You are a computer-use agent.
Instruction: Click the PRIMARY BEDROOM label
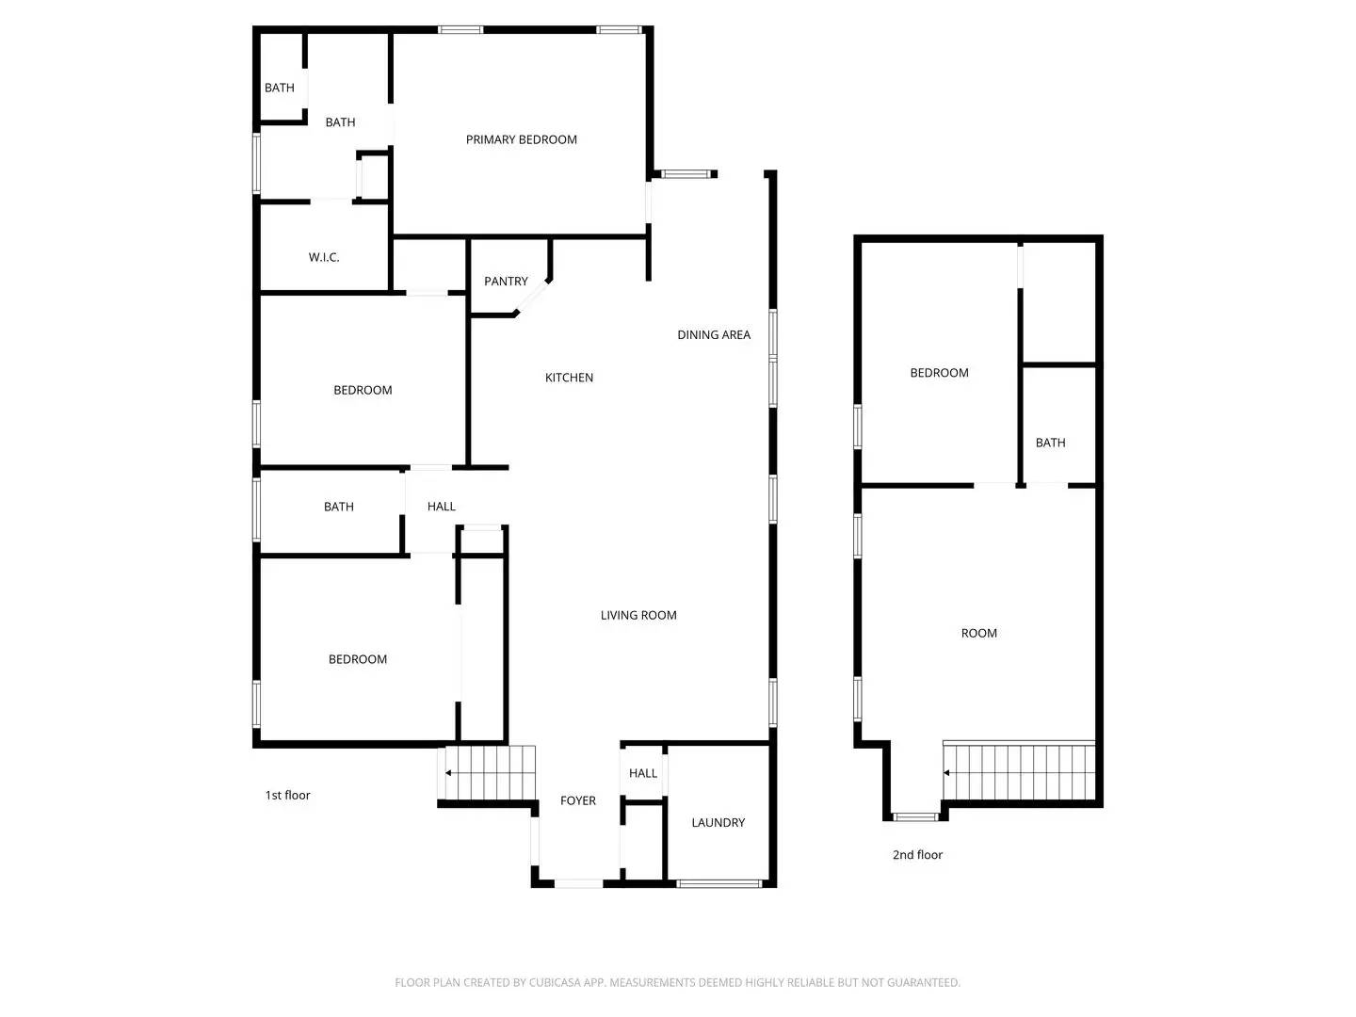521,139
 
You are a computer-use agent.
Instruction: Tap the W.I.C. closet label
324,257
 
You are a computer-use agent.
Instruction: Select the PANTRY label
506,281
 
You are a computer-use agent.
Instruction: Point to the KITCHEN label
569,378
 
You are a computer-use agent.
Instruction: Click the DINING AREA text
714,334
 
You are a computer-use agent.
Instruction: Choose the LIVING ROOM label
638,615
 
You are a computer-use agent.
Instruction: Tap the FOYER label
577,800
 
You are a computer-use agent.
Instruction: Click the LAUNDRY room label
718,822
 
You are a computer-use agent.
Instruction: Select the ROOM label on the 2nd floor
978,633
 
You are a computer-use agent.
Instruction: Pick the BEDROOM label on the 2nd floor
939,373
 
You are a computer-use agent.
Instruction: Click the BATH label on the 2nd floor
1050,443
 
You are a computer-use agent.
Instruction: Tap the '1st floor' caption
287,795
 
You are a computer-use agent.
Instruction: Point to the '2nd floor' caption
917,855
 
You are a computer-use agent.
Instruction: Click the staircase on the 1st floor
489,773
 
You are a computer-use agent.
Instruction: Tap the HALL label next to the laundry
643,773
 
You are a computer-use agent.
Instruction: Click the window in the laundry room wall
719,883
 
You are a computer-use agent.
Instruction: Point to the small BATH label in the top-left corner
279,88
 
